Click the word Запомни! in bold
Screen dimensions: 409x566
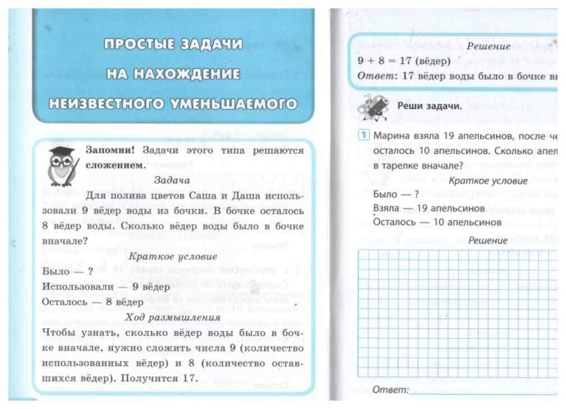point(111,150)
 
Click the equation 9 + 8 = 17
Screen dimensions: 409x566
point(389,59)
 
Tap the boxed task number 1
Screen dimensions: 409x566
point(364,136)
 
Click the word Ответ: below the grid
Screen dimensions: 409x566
point(391,390)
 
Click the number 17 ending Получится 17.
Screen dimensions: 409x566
point(189,378)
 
